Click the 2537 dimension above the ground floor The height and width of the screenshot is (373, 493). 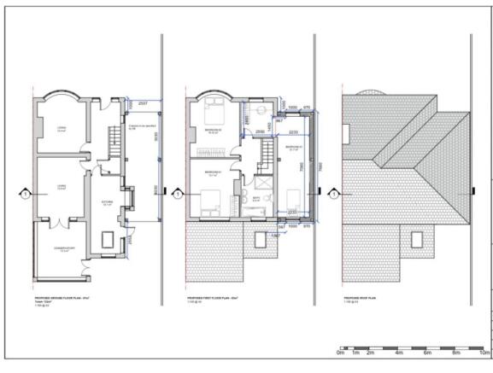(143, 102)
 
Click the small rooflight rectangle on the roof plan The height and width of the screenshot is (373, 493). (416, 239)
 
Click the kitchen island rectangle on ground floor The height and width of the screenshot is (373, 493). (109, 239)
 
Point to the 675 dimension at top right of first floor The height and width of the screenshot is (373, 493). (306, 108)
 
